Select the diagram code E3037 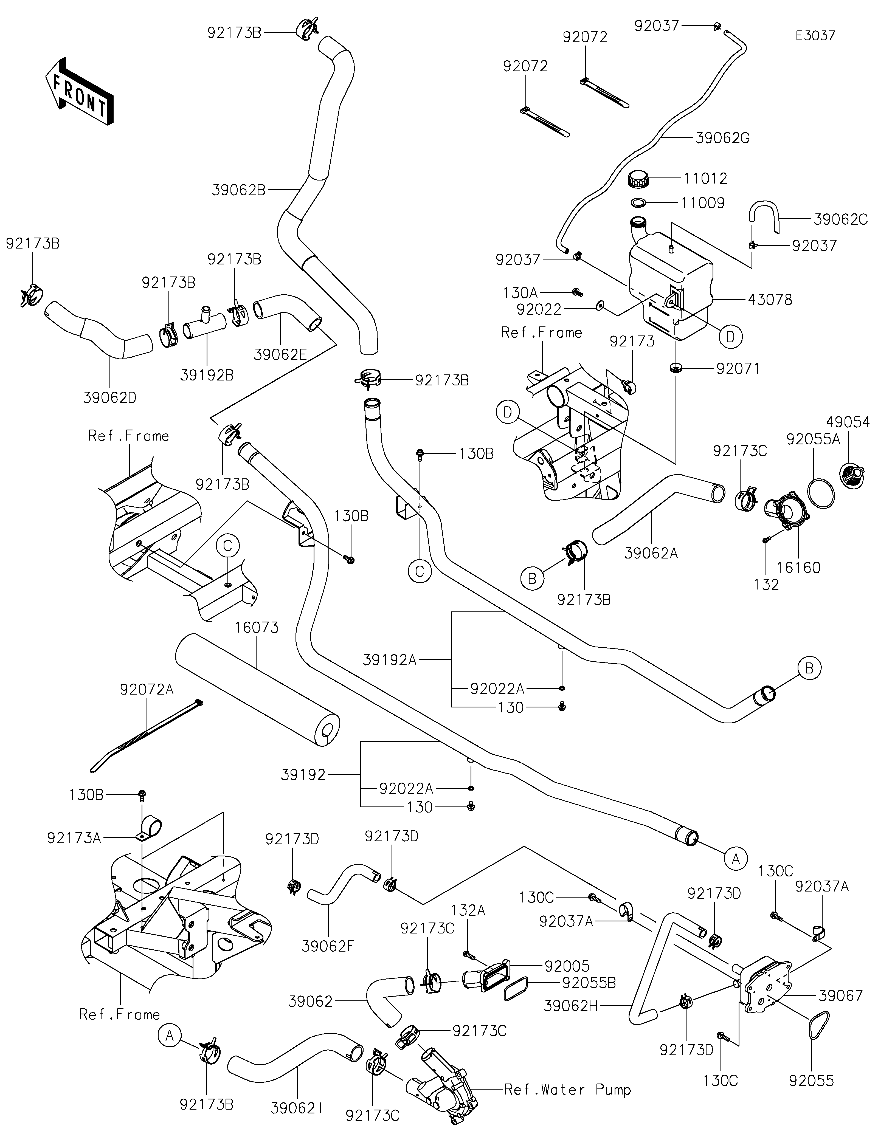[815, 36]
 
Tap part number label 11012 [705, 179]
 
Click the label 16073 [257, 628]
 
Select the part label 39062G [722, 138]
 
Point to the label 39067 [841, 995]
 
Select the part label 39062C [840, 220]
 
